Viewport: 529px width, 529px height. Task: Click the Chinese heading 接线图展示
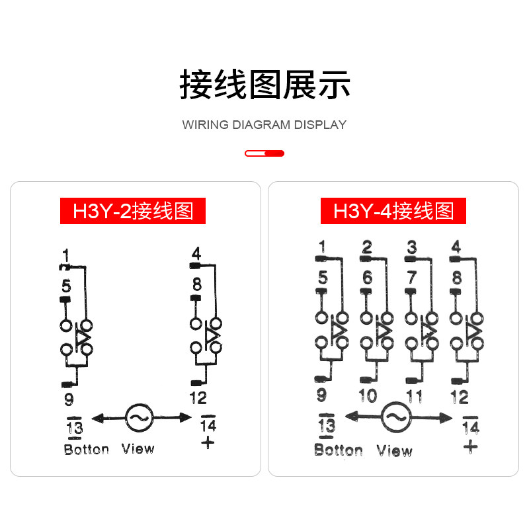[264, 85]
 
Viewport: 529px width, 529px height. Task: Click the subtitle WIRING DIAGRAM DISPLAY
[264, 124]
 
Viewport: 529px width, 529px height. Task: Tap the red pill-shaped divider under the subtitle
[264, 153]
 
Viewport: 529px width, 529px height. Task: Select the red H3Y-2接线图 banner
[133, 211]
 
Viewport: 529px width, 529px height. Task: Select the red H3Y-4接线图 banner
[393, 211]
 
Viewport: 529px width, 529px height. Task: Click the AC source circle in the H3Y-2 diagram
[139, 417]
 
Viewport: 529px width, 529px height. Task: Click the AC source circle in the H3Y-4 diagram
[395, 415]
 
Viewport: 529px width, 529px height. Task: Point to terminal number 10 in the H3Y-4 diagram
[367, 396]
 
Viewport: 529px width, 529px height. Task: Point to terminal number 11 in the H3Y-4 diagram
[413, 397]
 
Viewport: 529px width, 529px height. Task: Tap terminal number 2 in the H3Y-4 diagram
[367, 248]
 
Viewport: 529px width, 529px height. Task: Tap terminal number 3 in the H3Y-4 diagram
[412, 248]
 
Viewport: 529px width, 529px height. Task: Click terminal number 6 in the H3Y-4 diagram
[367, 278]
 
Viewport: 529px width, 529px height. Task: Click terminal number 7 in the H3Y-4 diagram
[412, 278]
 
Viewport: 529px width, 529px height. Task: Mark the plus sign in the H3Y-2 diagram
[208, 442]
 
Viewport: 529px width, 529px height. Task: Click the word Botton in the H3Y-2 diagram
[86, 450]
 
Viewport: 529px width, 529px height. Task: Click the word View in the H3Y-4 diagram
[394, 451]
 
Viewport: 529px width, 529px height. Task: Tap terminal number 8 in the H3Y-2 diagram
[196, 284]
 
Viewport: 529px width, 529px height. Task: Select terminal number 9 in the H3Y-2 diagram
[69, 399]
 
